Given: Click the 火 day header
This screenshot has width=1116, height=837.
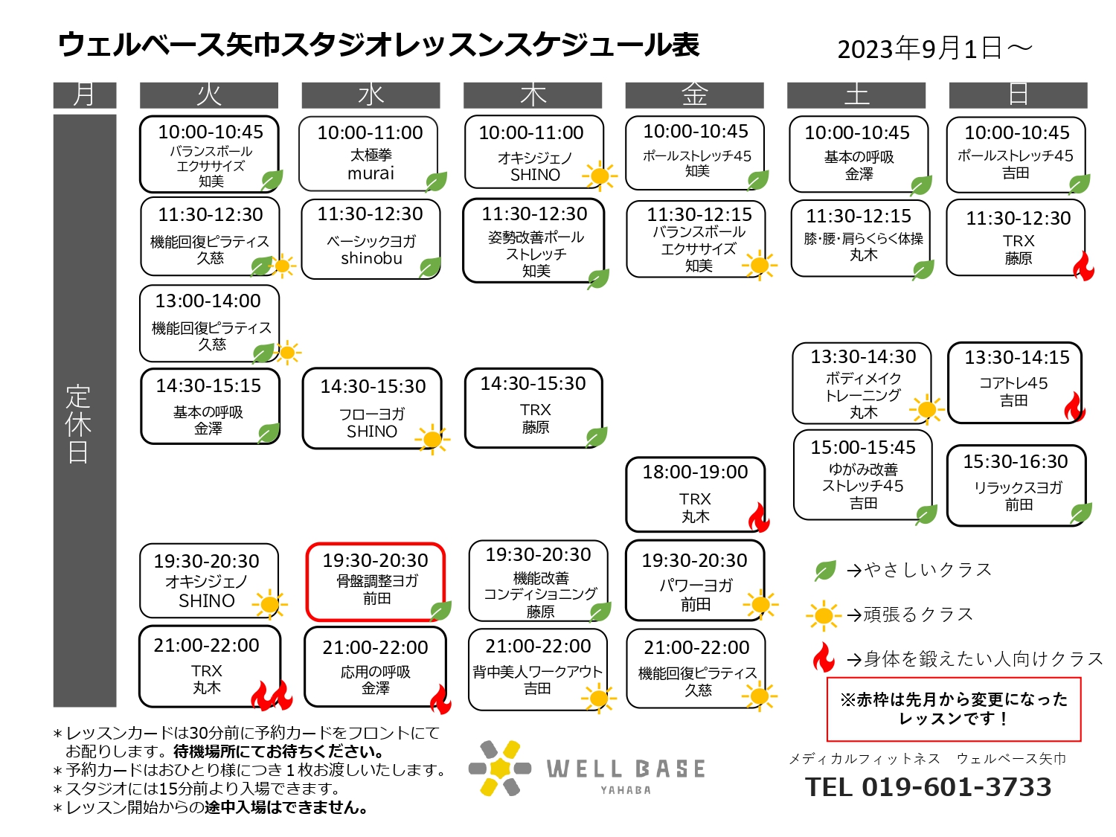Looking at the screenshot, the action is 208,95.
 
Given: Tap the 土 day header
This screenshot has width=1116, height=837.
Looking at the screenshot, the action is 856,95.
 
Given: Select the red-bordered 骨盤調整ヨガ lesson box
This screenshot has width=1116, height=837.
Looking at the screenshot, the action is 375,581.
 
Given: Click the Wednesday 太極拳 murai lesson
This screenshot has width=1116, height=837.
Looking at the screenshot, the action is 368,153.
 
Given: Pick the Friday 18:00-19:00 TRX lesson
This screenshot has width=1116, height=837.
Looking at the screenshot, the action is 695,494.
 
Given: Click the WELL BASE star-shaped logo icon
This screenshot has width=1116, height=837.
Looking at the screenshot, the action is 499,768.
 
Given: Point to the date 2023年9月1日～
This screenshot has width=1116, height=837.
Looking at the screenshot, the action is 934,49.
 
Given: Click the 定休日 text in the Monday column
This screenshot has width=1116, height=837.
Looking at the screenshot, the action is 78,424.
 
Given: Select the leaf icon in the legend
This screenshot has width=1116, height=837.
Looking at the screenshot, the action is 824,570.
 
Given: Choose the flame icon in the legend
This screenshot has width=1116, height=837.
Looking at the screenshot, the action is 823,657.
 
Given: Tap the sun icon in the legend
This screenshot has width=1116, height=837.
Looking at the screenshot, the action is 823,615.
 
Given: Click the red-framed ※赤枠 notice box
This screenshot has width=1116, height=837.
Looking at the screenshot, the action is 953,709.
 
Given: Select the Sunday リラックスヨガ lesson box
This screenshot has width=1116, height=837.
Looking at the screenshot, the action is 1016,485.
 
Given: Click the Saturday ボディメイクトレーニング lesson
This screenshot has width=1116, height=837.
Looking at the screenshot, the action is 862,382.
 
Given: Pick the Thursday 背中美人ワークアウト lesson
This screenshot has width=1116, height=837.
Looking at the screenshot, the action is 537,669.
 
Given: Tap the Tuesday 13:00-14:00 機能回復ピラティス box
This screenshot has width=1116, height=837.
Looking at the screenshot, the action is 209,323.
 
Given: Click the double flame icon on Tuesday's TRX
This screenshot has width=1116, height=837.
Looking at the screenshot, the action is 272,695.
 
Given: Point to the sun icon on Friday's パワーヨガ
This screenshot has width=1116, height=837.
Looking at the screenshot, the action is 760,605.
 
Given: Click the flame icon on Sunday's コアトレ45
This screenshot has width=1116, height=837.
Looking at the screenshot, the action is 1074,406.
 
